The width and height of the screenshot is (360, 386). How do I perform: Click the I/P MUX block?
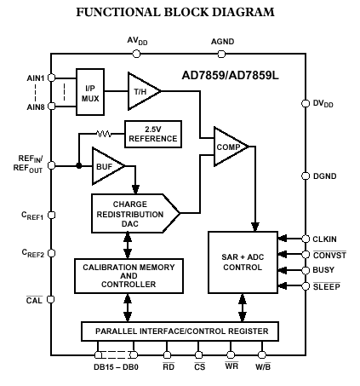point(90,92)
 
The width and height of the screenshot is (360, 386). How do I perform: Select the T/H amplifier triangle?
point(142,91)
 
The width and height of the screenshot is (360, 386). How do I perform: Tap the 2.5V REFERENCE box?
point(153,134)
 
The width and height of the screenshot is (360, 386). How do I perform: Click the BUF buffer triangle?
point(106,166)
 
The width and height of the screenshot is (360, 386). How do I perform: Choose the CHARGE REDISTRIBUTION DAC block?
point(135,214)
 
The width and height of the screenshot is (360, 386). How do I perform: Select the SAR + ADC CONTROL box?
point(243,262)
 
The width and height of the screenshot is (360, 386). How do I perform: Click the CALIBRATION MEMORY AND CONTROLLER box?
point(129,276)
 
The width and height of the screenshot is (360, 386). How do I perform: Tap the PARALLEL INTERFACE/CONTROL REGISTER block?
point(180,331)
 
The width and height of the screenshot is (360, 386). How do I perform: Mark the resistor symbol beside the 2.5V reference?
point(104,134)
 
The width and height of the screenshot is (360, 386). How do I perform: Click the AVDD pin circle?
point(136,54)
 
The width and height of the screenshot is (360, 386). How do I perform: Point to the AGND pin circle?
point(221,54)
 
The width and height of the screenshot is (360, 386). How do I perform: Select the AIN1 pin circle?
point(51,78)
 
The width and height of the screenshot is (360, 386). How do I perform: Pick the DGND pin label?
point(325,176)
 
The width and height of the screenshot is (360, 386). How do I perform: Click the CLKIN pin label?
point(324,239)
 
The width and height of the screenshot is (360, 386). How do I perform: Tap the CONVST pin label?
point(329,255)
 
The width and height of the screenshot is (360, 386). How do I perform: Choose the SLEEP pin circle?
point(306,286)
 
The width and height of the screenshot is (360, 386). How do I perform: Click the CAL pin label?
point(34,300)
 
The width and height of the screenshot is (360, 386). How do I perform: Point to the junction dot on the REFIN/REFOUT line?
point(79,165)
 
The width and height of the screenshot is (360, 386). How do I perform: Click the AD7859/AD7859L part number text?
point(230,76)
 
